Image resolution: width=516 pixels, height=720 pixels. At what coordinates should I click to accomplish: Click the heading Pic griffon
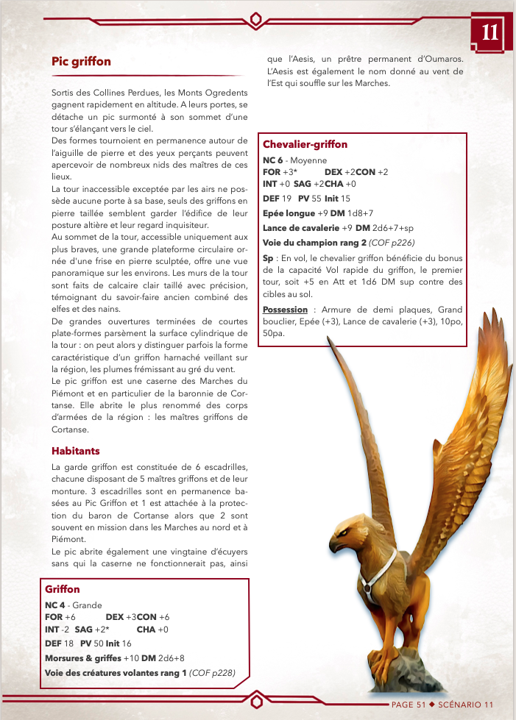click(81, 62)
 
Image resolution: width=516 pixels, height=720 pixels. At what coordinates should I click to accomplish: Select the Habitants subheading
click(76, 451)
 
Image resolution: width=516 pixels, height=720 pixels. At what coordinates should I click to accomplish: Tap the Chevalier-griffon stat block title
click(305, 145)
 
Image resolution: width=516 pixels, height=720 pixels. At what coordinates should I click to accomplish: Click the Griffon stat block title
click(63, 589)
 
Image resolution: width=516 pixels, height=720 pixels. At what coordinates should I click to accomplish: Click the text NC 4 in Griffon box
click(56, 605)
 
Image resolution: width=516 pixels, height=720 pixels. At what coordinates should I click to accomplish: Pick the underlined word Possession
click(285, 310)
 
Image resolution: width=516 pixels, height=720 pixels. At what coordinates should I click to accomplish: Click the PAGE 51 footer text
click(408, 704)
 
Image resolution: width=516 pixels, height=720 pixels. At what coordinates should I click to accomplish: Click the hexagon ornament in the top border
click(256, 18)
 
